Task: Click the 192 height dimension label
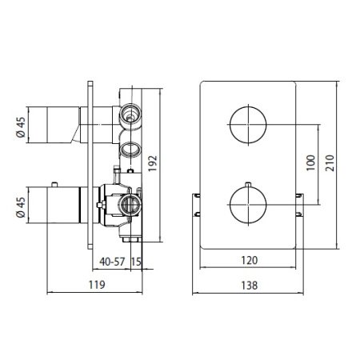153,163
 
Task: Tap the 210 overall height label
330,163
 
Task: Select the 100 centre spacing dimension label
310,163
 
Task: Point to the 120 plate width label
250,260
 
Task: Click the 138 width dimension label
250,286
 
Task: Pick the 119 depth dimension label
97,285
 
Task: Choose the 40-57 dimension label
112,262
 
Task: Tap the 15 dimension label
136,262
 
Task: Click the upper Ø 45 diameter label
21,127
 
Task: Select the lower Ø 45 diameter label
21,207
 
